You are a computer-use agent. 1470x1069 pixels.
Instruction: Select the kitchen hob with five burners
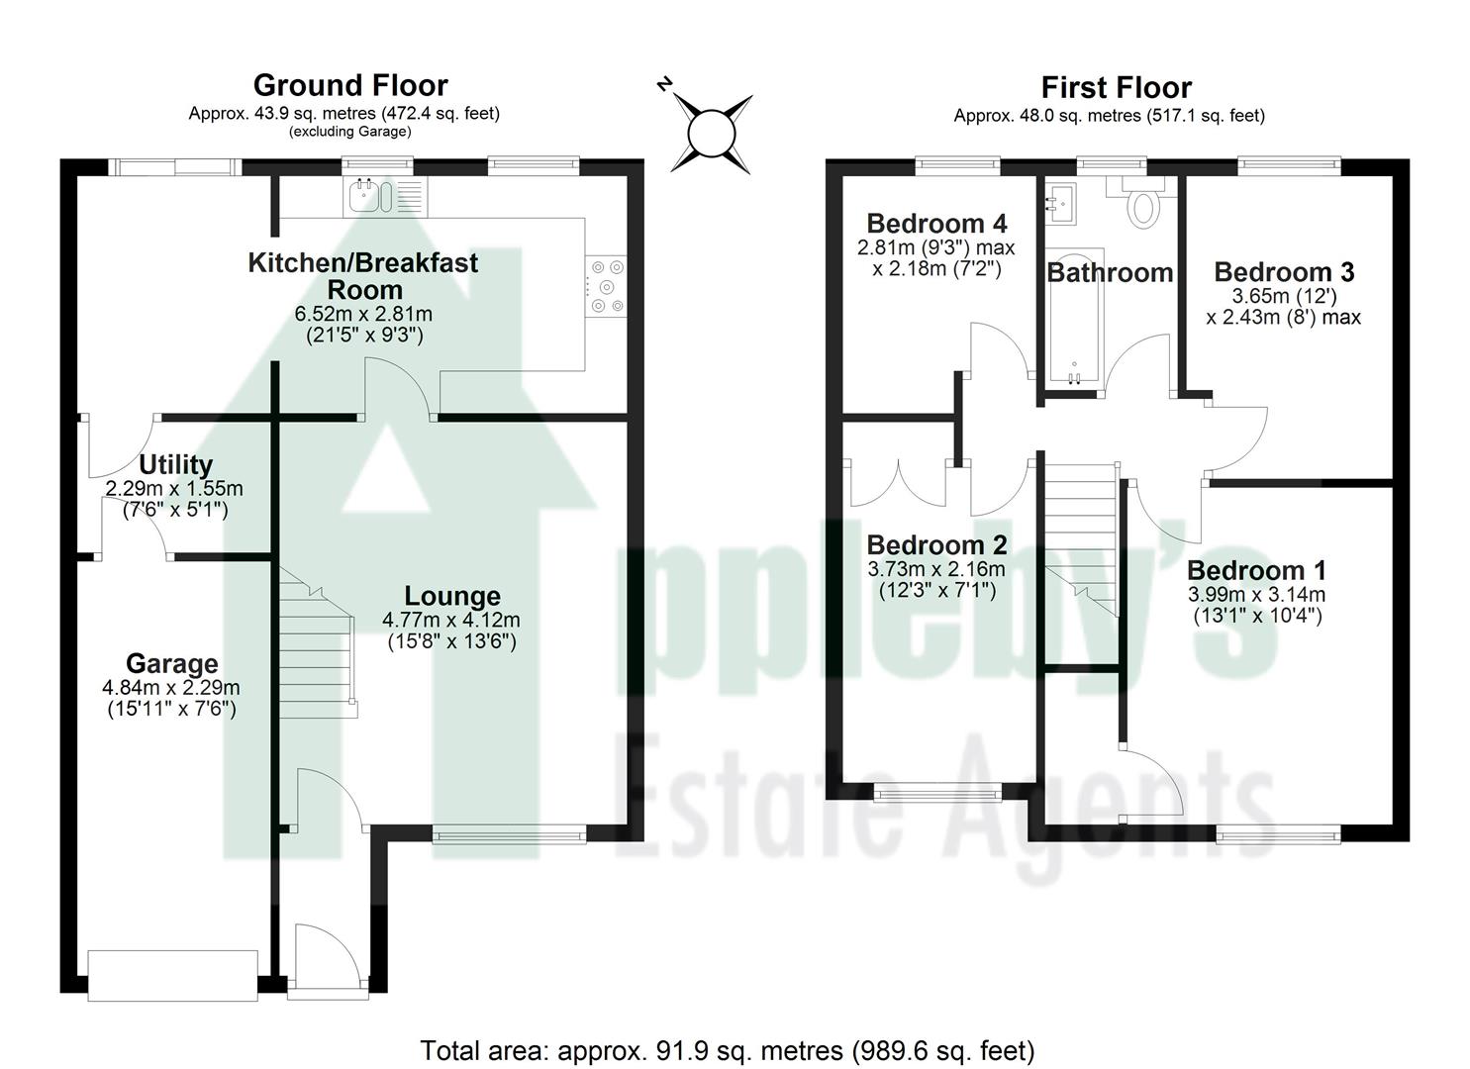606,286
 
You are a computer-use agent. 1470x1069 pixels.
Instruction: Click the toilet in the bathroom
1143,206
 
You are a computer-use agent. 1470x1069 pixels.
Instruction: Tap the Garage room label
171,664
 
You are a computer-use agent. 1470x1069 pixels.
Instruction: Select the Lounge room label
451,596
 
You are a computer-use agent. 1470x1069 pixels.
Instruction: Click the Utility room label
175,465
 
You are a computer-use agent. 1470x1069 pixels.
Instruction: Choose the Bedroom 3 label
1283,272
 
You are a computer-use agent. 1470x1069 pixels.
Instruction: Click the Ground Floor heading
350,85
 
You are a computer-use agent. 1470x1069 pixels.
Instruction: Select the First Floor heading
1116,88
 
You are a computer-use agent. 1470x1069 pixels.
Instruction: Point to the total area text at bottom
728,1050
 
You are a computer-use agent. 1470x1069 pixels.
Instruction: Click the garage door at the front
173,975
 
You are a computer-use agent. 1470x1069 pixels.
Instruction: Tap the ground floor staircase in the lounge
317,643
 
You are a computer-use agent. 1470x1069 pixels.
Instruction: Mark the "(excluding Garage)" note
349,132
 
